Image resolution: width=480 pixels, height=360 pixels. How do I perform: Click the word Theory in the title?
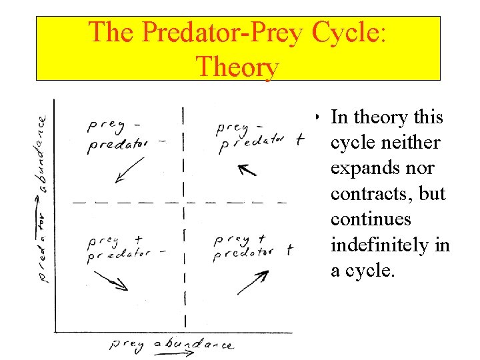pyautogui.click(x=237, y=67)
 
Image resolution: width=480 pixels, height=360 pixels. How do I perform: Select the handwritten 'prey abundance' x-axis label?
pyautogui.click(x=172, y=344)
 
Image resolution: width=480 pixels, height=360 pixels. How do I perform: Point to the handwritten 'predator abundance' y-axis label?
pyautogui.click(x=42, y=200)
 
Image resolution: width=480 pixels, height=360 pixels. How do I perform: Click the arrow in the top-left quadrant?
pyautogui.click(x=129, y=169)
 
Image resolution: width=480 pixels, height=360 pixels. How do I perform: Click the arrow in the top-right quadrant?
pyautogui.click(x=247, y=169)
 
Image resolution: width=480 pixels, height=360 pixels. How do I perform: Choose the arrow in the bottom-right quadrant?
pyautogui.click(x=253, y=282)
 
